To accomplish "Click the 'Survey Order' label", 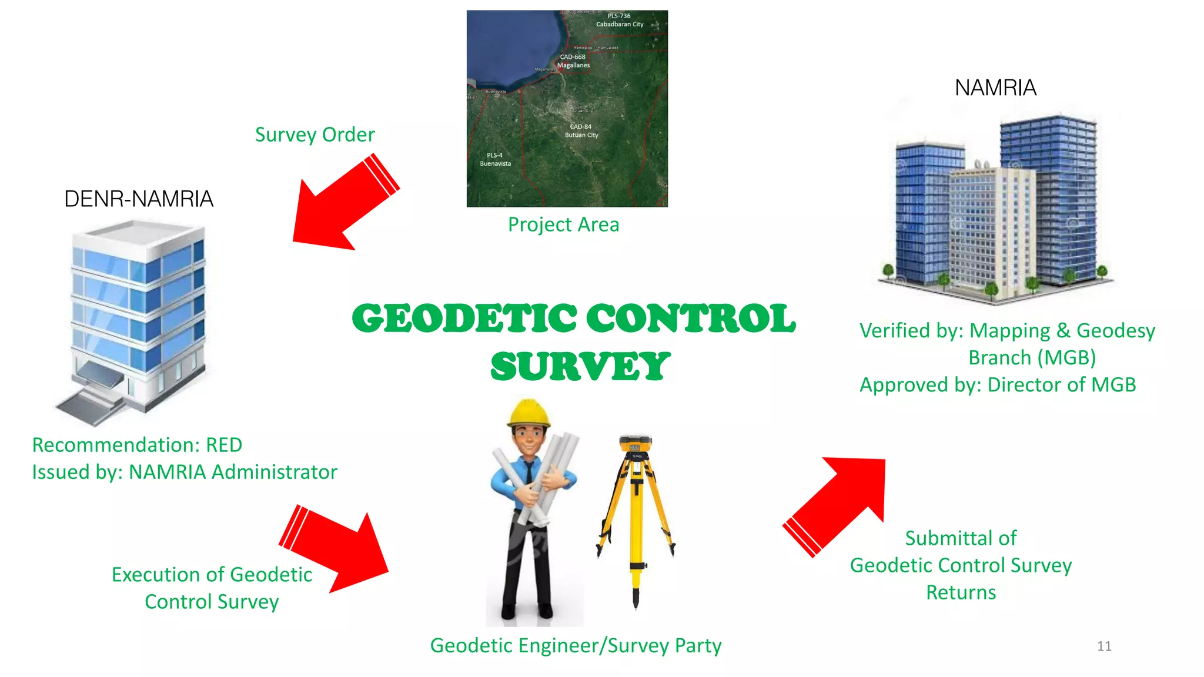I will click(315, 135).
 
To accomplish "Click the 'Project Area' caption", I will click(563, 224).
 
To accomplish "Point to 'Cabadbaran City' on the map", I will click(620, 24).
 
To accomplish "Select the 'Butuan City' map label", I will click(581, 135).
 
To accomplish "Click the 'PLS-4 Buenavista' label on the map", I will click(495, 160).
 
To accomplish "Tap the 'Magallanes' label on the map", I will click(573, 65).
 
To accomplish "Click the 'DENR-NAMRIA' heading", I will click(139, 199).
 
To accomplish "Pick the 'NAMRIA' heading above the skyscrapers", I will click(995, 88).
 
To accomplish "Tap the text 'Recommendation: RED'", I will click(137, 445).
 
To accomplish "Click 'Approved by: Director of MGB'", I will click(998, 385).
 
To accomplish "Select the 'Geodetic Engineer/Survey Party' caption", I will click(576, 645).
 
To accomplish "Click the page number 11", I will click(1104, 646).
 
